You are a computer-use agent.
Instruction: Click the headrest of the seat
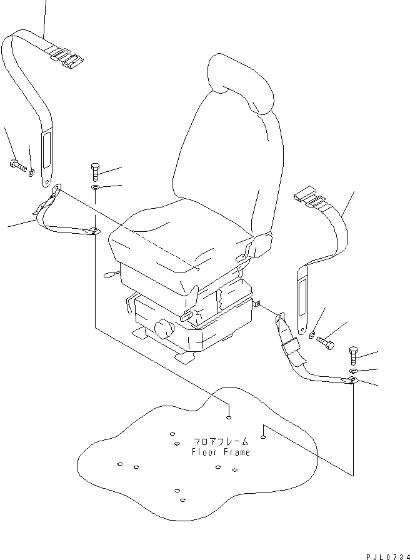(242, 81)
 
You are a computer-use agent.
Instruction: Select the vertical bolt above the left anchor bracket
(95, 170)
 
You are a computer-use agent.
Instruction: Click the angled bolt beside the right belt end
(326, 342)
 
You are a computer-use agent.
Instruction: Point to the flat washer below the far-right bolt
(354, 371)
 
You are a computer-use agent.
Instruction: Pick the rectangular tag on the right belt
(302, 297)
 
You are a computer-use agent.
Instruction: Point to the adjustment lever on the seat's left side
(109, 274)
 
